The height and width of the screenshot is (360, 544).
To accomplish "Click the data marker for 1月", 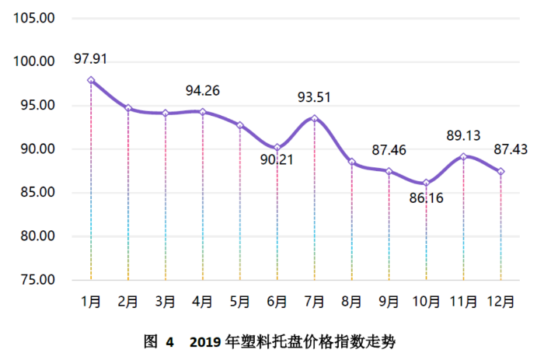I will (91, 80).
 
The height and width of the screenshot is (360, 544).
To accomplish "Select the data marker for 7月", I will (315, 118).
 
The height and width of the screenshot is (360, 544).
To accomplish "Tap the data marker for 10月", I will (426, 183).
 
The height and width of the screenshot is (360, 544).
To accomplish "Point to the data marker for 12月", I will (500, 171).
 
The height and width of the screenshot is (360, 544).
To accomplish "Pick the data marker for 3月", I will (166, 114).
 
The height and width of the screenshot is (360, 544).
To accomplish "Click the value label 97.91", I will (90, 58).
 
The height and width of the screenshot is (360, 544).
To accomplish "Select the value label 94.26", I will (202, 91).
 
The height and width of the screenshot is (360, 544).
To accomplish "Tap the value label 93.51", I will (315, 98).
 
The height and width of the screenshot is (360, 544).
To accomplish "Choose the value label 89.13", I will (463, 135).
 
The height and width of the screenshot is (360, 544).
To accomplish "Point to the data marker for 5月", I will (240, 125).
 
